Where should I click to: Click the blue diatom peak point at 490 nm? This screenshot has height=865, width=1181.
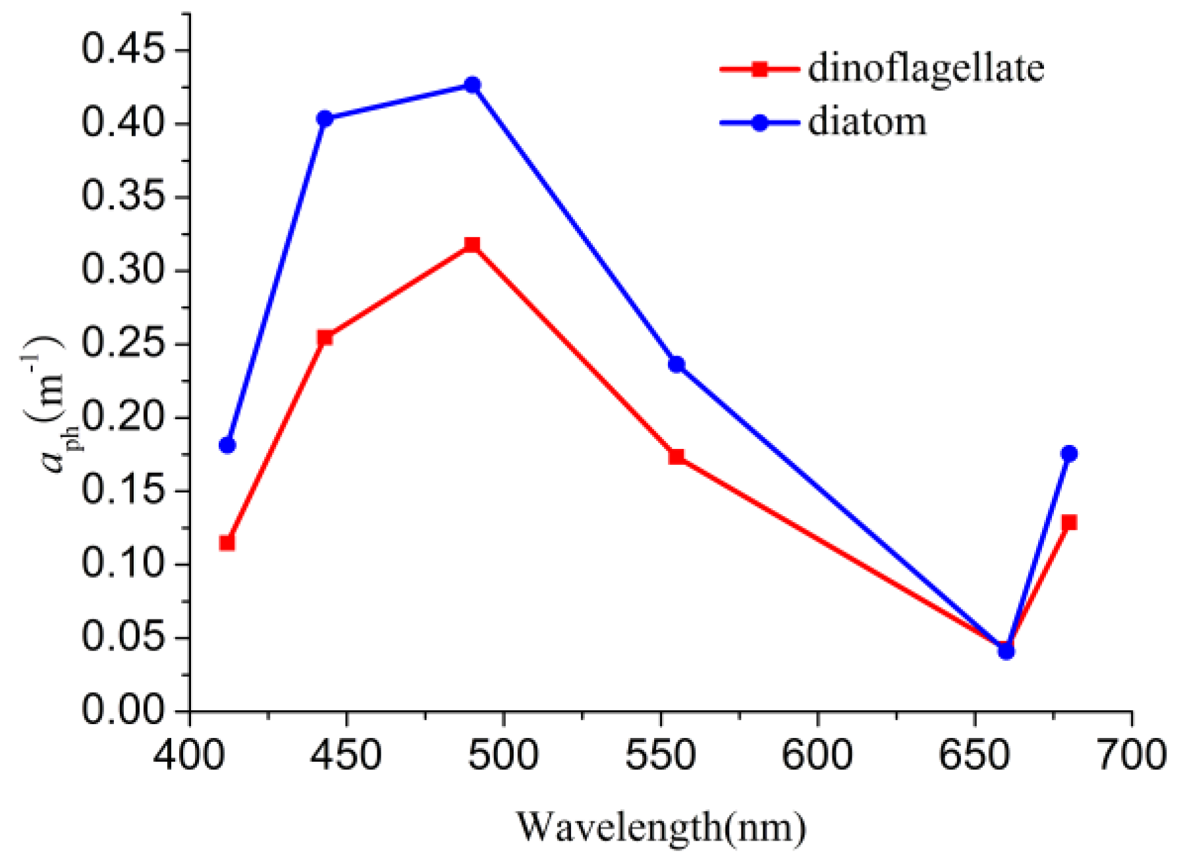pyautogui.click(x=472, y=85)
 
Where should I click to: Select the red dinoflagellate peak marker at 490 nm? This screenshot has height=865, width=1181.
pyautogui.click(x=472, y=245)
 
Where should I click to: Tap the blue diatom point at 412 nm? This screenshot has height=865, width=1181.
pyautogui.click(x=227, y=445)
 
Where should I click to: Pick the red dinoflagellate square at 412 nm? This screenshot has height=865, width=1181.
pyautogui.click(x=227, y=542)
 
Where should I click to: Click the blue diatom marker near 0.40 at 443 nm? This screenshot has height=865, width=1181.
pyautogui.click(x=325, y=118)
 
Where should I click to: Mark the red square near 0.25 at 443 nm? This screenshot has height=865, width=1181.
pyautogui.click(x=325, y=338)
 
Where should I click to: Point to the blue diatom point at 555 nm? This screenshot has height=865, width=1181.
pyautogui.click(x=676, y=364)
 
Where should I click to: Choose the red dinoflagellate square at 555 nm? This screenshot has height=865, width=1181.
pyautogui.click(x=676, y=456)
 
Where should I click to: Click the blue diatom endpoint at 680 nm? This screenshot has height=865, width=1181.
pyautogui.click(x=1069, y=454)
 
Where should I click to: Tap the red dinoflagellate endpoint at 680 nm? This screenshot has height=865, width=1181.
pyautogui.click(x=1069, y=523)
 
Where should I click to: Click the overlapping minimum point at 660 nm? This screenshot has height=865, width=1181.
pyautogui.click(x=1006, y=650)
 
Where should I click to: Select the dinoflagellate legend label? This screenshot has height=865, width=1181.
pyautogui.click(x=925, y=68)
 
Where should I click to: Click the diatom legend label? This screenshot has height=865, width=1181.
pyautogui.click(x=867, y=122)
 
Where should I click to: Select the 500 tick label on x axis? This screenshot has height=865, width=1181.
pyautogui.click(x=503, y=755)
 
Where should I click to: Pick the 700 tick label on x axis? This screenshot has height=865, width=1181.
pyautogui.click(x=1131, y=755)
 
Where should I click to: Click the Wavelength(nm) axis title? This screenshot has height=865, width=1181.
pyautogui.click(x=661, y=827)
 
